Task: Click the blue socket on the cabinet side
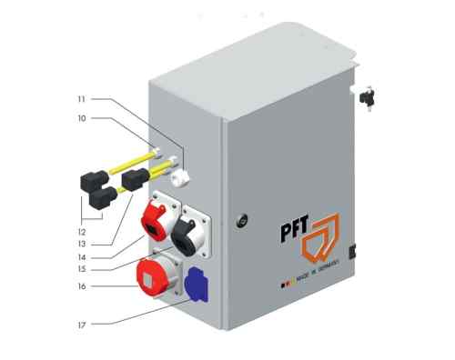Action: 196,285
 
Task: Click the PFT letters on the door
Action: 293,227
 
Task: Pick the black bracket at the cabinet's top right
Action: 367,95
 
